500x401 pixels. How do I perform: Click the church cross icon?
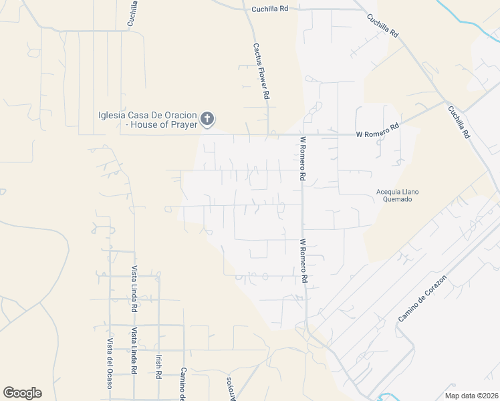(x=207, y=119)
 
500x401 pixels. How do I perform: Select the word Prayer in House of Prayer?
(x=183, y=124)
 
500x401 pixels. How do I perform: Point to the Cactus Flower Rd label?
(x=261, y=72)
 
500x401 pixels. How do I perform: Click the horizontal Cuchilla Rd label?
(x=269, y=9)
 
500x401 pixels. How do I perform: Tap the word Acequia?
(x=390, y=192)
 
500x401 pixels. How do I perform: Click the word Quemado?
(x=398, y=199)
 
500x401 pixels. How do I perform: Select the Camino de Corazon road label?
(x=422, y=297)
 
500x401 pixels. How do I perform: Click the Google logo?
(x=22, y=393)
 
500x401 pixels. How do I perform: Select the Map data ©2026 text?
(x=471, y=396)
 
